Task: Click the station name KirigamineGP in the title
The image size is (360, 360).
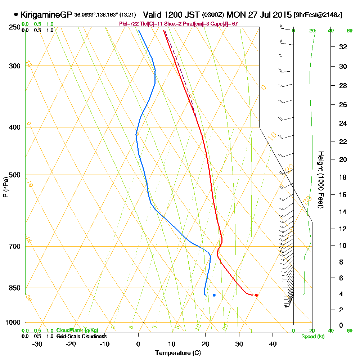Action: click(46, 15)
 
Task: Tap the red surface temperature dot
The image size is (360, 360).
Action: click(256, 295)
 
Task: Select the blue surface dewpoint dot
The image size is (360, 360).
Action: click(214, 295)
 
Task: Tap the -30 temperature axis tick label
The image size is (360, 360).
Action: click(37, 344)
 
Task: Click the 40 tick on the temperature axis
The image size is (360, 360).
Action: click(273, 344)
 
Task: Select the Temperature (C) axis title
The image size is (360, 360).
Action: click(178, 353)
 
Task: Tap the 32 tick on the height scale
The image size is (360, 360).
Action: click(342, 47)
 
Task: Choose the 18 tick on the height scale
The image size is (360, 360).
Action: click(342, 177)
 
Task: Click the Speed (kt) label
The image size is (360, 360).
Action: click(312, 336)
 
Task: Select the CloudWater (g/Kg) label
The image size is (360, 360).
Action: click(77, 330)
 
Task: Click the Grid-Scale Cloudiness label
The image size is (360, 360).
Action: click(81, 336)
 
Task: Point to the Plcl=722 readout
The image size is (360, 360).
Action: click(128, 24)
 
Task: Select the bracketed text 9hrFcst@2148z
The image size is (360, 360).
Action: click(318, 15)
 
